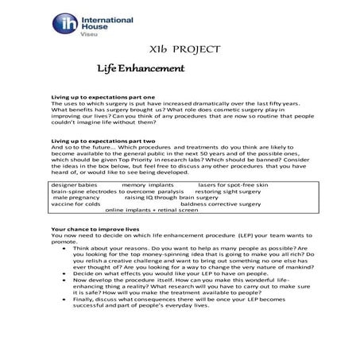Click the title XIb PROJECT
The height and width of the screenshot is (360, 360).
coord(179,49)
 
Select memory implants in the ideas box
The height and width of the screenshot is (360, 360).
coord(148,184)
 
